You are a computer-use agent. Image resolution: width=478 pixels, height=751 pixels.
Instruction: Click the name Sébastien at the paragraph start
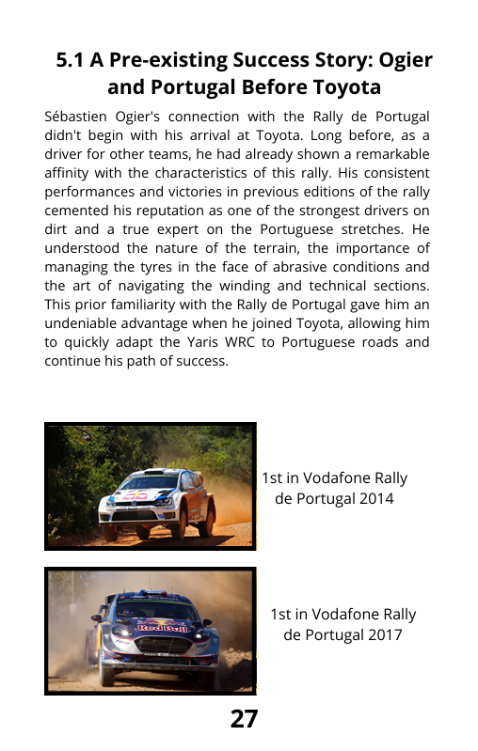(x=77, y=117)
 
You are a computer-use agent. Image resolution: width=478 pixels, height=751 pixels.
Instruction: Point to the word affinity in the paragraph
(x=68, y=174)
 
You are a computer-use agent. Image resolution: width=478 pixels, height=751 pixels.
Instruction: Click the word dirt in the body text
(x=57, y=230)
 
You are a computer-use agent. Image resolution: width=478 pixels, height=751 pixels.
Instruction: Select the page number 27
(x=244, y=719)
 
